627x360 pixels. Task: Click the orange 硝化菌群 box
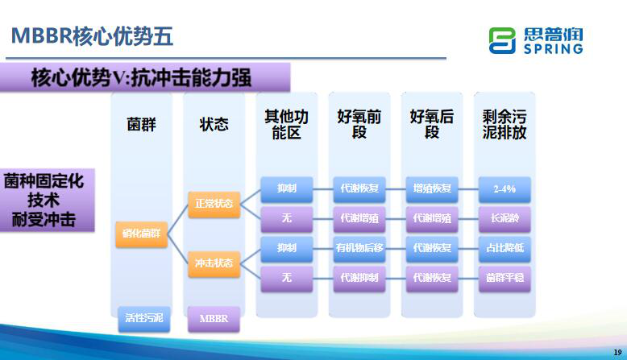[x=141, y=233]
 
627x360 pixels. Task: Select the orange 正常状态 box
[x=214, y=203]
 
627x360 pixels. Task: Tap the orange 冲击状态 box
[x=214, y=263]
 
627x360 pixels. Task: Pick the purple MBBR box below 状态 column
[x=214, y=318]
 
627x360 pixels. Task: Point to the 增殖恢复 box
[x=432, y=188]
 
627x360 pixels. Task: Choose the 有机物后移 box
[x=359, y=247]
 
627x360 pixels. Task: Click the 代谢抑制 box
[x=359, y=277]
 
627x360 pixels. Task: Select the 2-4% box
[x=505, y=188]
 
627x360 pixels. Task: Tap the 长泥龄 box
[x=505, y=218]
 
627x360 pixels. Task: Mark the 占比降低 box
[x=505, y=247]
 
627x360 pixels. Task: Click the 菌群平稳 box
[x=505, y=277]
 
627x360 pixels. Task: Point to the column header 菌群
[x=141, y=124]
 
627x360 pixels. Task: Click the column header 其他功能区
[x=286, y=124]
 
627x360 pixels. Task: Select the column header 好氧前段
[x=359, y=124]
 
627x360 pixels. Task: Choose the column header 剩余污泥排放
[x=505, y=124]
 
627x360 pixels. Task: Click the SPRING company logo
[x=536, y=40]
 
